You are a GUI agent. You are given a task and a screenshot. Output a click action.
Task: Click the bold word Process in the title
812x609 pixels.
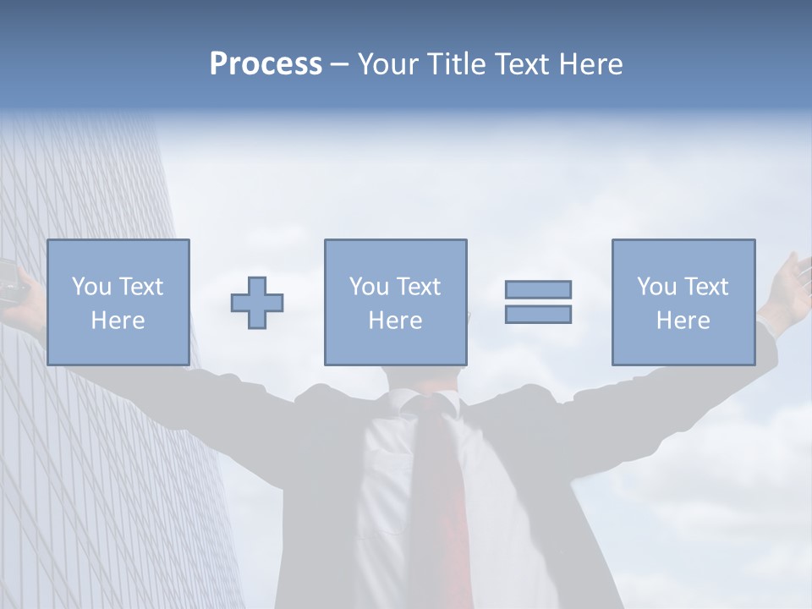266,64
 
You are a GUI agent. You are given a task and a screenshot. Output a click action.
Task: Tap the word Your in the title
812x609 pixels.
387,64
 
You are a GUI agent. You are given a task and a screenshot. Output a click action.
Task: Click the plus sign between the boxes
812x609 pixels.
257,303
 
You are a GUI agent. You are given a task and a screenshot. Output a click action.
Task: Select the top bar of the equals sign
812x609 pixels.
538,289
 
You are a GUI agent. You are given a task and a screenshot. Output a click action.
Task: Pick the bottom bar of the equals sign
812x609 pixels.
538,314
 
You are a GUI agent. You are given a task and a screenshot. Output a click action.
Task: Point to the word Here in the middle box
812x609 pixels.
396,321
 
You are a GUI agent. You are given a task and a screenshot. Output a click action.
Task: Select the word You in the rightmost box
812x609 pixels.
656,287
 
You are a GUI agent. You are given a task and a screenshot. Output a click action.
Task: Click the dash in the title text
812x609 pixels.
339,64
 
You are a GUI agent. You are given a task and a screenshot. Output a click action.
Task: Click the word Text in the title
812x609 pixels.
522,64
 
